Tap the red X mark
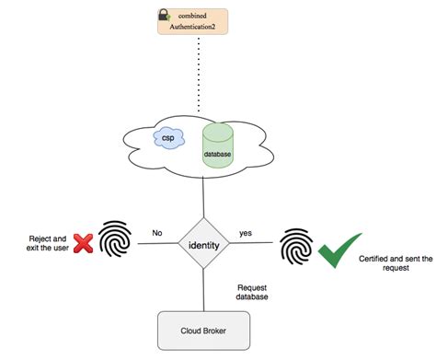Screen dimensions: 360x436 point(84,242)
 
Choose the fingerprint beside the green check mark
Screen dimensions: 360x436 point(293,246)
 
